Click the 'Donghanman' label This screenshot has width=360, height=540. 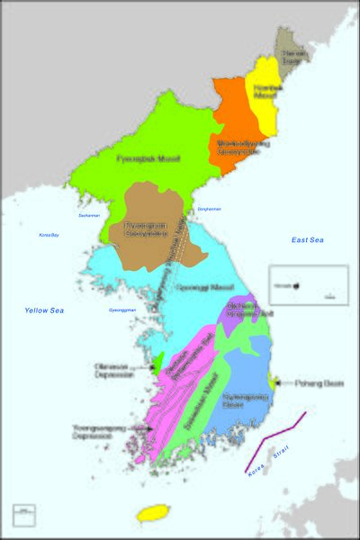(x=208, y=210)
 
